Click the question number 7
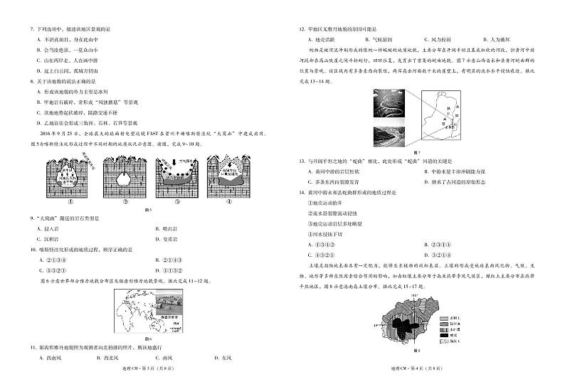coord(31,28)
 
